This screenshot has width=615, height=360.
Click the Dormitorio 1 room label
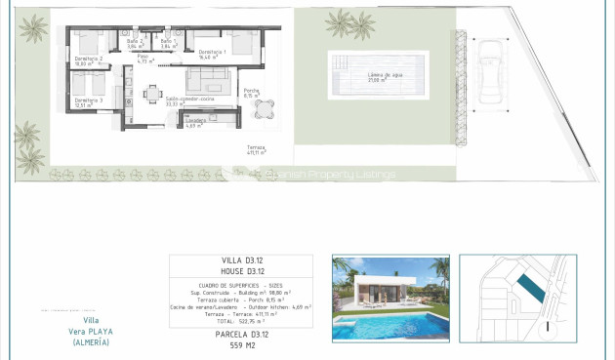point(212,53)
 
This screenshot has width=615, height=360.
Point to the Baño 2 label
point(133,43)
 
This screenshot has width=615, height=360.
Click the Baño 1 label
point(166,43)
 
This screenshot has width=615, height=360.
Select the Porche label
point(251,94)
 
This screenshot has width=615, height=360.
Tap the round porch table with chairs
point(265,109)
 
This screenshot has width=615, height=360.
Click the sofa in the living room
point(214,79)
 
